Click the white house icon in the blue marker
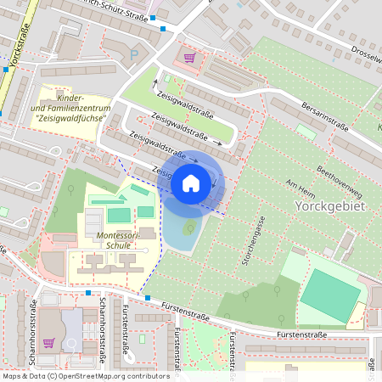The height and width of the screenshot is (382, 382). tap(191, 183)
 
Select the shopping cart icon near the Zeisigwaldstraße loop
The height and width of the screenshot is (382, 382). tap(189, 58)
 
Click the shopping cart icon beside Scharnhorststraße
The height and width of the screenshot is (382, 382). tap(49, 343)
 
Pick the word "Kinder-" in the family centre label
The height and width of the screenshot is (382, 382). tap(68, 98)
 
